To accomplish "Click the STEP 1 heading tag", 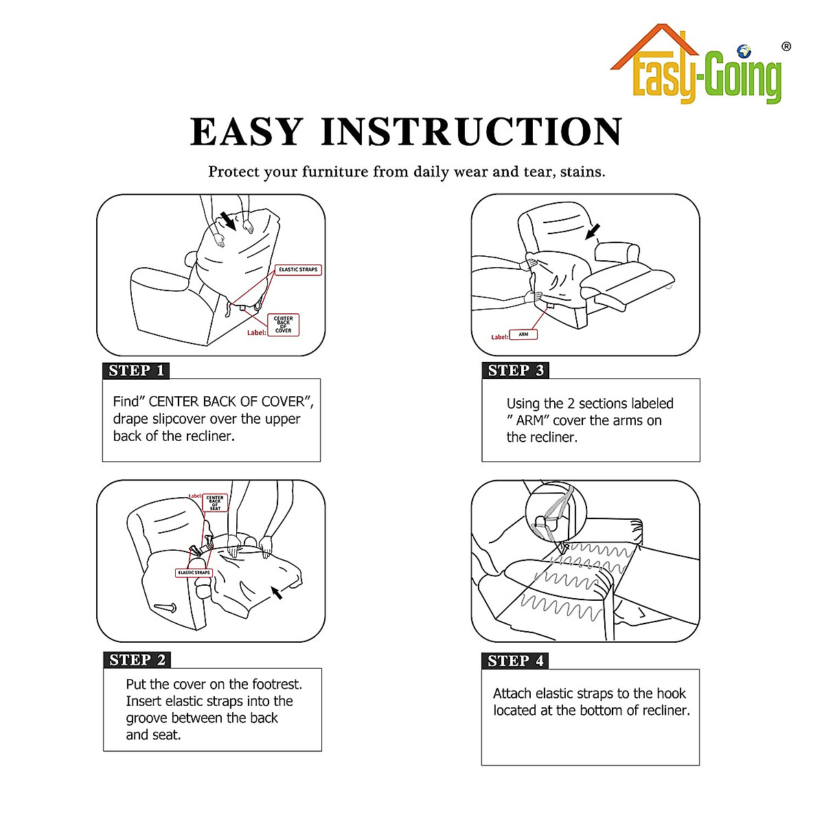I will coord(135,371).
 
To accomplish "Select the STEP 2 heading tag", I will coord(137,660).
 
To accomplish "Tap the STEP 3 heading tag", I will coord(515,371).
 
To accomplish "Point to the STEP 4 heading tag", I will coord(515,661).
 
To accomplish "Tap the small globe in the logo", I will coord(744,51).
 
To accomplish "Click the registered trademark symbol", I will coord(786,47).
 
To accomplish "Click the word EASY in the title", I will coord(247,132).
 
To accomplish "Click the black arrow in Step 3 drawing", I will coord(592,231).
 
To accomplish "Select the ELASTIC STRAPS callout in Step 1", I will coord(298,270).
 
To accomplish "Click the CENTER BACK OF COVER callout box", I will coord(283,325).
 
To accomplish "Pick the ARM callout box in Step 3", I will coord(523,334).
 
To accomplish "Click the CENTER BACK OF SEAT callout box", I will coord(215,503).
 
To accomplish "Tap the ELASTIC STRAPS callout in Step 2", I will coord(194,573).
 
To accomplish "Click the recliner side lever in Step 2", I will coord(165,608).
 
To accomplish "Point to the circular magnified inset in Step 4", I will coord(556,512).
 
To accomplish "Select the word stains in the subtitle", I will coord(582,172).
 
